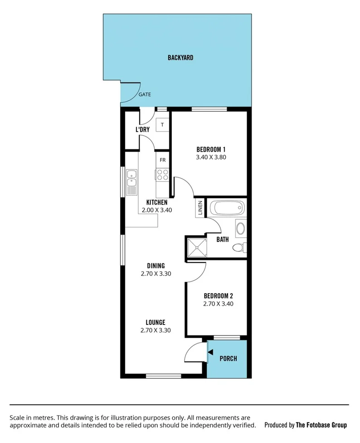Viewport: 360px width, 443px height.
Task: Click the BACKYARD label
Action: pos(180,58)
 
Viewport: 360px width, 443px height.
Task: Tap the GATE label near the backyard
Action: pos(145,95)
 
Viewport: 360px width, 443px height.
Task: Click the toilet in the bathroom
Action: pos(238,248)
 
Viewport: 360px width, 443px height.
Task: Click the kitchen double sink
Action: pos(131,182)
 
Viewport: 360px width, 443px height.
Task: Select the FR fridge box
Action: pos(163,160)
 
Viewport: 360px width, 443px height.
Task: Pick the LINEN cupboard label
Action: pos(199,209)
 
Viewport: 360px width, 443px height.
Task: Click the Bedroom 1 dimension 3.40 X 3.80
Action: pos(211,158)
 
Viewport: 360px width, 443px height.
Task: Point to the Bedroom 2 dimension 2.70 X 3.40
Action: pos(218,304)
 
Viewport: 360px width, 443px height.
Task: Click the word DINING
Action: pos(156,266)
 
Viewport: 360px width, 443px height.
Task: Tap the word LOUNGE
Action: pos(156,322)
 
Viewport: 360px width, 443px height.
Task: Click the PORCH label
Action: pos(228,359)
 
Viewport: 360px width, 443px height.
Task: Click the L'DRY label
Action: pos(142,130)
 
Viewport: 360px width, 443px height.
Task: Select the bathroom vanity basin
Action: pos(240,228)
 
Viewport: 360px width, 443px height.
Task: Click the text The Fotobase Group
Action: pos(321,425)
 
